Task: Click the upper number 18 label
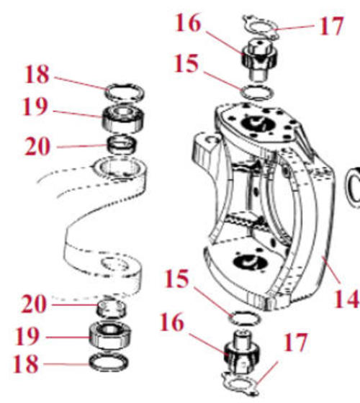click(37, 75)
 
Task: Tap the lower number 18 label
click(26, 364)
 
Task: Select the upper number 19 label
click(35, 107)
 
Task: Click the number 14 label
click(346, 299)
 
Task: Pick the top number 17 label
click(331, 26)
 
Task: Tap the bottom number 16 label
click(172, 322)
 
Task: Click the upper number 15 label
click(186, 63)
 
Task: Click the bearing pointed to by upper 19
click(123, 119)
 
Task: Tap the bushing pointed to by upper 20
click(122, 145)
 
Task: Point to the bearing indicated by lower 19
click(110, 335)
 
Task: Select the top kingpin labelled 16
click(260, 60)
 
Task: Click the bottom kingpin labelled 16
click(241, 353)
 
